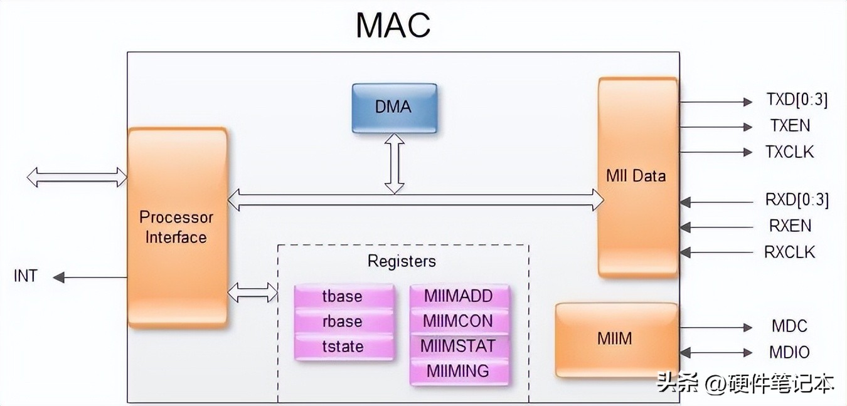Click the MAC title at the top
(393, 26)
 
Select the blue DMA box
(394, 108)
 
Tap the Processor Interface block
(176, 227)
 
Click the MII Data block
(637, 177)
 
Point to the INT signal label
(26, 276)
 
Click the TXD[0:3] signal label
(797, 100)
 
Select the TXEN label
(791, 126)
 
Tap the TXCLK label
(789, 152)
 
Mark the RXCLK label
(789, 252)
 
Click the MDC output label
(789, 326)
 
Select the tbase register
(343, 296)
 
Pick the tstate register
(343, 346)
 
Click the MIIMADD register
(458, 296)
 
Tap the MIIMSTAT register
(458, 346)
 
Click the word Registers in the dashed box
(402, 261)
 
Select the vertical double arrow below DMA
(395, 163)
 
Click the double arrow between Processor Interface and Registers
(252, 292)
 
